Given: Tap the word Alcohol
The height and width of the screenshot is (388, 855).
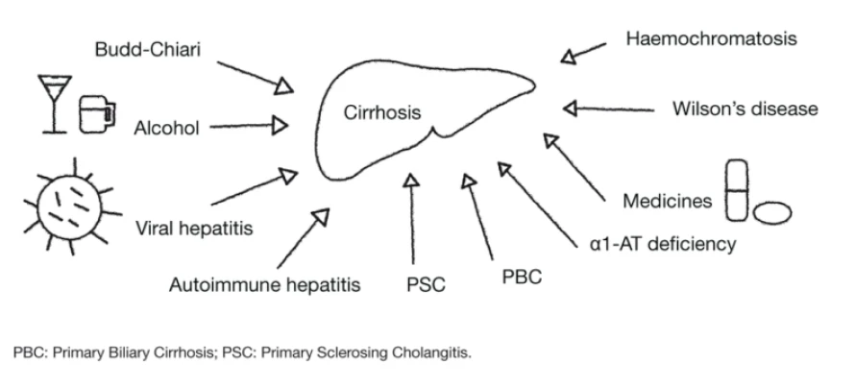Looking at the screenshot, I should click(x=167, y=128).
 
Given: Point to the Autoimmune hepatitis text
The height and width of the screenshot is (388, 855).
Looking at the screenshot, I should click(x=264, y=284).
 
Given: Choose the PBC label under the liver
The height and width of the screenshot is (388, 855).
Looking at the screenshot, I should click(x=522, y=278).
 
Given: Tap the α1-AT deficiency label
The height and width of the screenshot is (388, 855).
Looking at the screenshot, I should click(x=663, y=244).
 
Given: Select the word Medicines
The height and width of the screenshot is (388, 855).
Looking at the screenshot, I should click(x=667, y=202).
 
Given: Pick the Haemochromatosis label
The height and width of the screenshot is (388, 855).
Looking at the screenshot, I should click(x=712, y=39).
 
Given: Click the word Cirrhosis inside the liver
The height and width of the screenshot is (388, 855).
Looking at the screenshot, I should click(x=381, y=113).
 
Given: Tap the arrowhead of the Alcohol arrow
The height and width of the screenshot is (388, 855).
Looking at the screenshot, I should click(x=281, y=124).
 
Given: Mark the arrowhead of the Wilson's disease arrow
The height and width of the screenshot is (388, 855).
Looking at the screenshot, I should click(x=570, y=109).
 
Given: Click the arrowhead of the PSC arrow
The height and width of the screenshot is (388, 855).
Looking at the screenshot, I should click(x=412, y=180).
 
